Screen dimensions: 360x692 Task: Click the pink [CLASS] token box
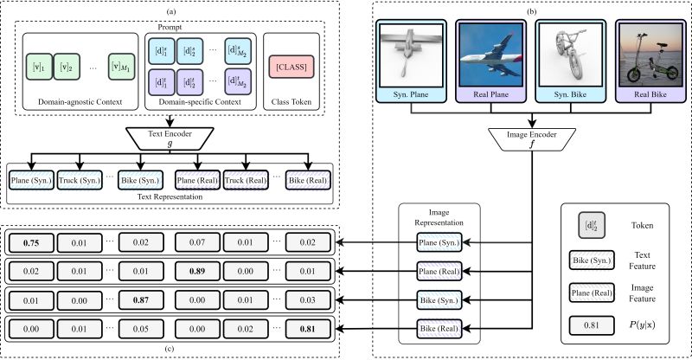(x=292, y=65)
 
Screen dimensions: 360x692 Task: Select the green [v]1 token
(x=34, y=66)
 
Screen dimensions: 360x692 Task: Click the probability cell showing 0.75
(x=31, y=241)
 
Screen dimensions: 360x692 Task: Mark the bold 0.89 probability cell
(x=198, y=271)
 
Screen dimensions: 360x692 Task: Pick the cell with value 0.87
(x=143, y=300)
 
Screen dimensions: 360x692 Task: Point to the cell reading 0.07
(x=198, y=241)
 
